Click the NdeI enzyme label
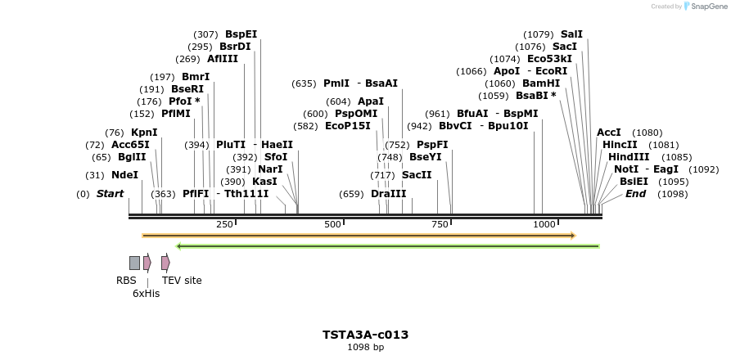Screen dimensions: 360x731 click(124, 175)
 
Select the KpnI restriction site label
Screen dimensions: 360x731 click(144, 133)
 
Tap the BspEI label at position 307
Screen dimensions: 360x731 click(241, 34)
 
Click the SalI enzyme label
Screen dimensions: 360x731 click(571, 34)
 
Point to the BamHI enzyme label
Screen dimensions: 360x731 click(541, 83)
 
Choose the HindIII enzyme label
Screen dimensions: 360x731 click(629, 157)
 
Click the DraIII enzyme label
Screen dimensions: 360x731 click(388, 194)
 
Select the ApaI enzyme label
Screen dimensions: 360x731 click(371, 101)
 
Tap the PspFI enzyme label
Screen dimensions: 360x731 click(432, 145)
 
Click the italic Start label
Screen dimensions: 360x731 click(110, 194)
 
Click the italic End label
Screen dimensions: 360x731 click(635, 194)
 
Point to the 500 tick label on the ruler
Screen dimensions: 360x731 click(332, 224)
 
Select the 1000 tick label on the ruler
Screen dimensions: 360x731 click(544, 224)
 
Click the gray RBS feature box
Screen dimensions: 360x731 click(134, 263)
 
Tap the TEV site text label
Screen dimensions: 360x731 click(182, 281)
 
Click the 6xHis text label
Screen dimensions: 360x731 click(147, 294)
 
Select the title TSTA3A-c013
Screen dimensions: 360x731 click(365, 335)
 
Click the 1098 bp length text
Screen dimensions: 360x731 click(365, 348)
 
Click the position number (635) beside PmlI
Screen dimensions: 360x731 click(304, 83)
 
